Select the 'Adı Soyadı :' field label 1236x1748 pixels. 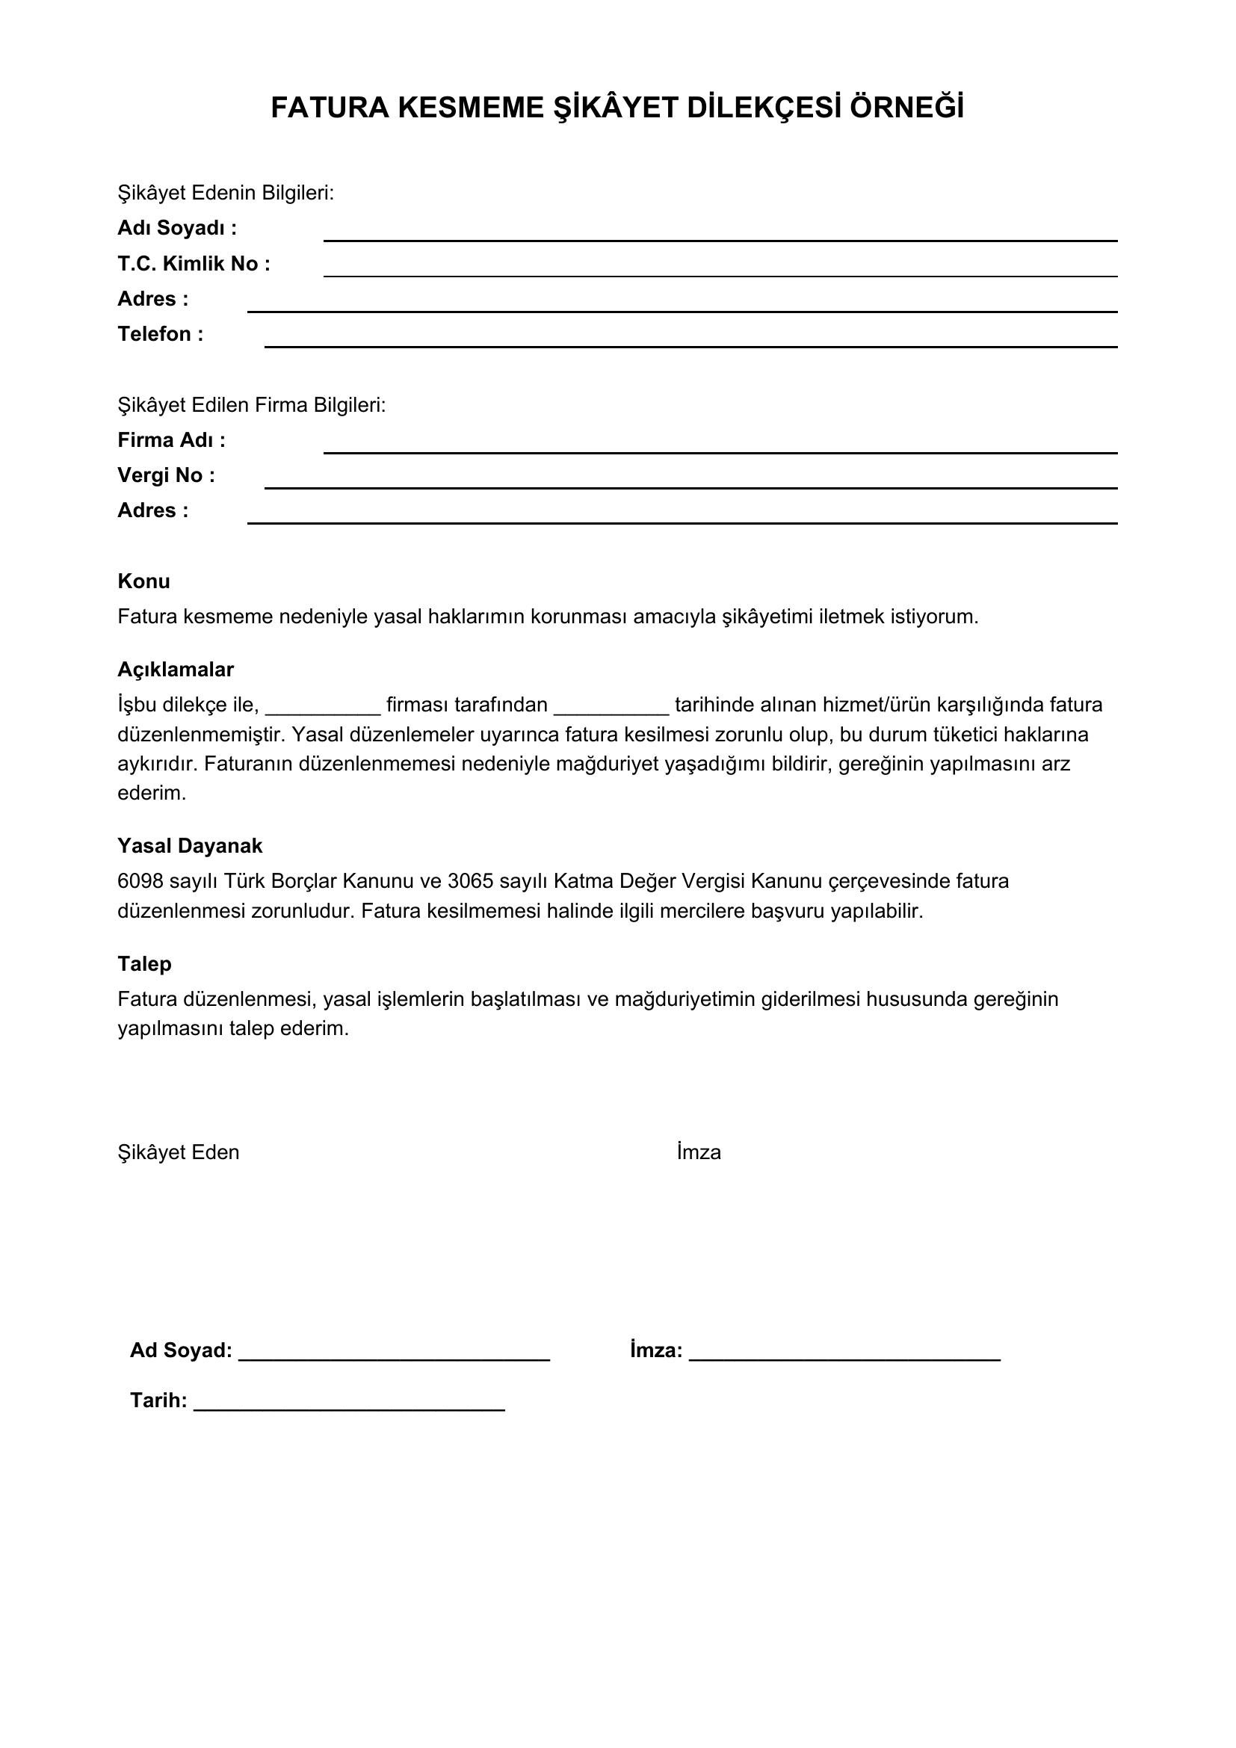(176, 229)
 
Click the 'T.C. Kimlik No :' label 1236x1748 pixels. (194, 263)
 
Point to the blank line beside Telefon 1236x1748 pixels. (690, 346)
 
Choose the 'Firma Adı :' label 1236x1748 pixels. (171, 440)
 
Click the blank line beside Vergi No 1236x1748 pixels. (690, 487)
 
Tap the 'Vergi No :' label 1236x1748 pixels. (166, 475)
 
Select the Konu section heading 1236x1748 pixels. (143, 581)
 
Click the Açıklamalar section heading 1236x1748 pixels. (175, 670)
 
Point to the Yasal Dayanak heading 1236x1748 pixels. (190, 846)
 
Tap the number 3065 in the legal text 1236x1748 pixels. (470, 881)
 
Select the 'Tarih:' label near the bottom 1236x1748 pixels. (158, 1400)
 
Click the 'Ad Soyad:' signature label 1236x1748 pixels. (181, 1350)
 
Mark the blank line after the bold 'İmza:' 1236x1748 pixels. (845, 1358)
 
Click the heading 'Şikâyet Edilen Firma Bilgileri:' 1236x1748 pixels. (252, 405)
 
